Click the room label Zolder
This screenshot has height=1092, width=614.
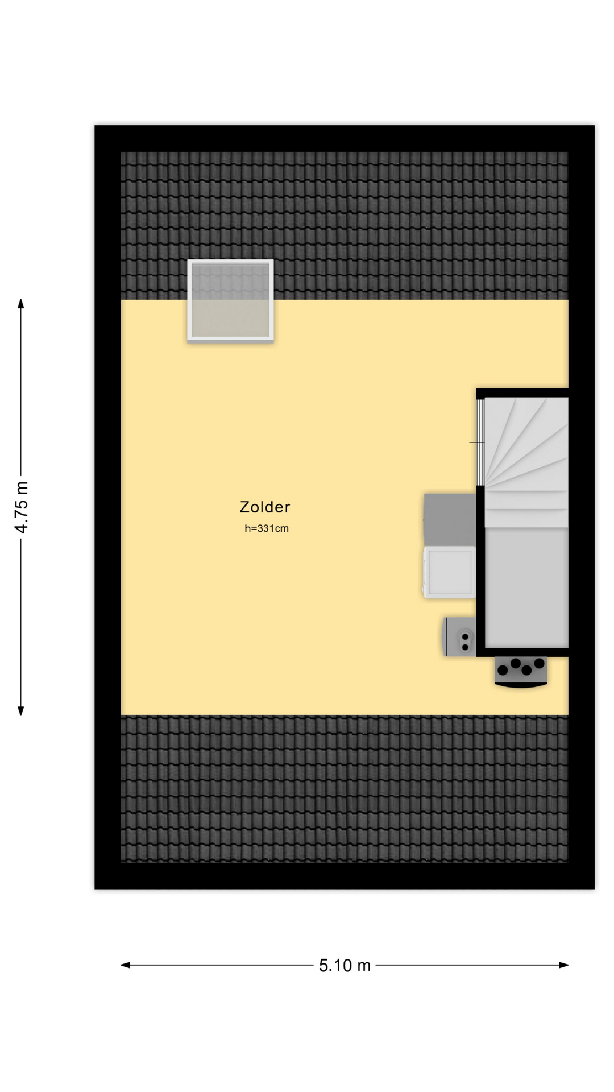(265, 507)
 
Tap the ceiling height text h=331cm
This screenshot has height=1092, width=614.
(267, 528)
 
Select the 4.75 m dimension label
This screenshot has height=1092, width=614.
(22, 507)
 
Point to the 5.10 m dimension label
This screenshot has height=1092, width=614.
(345, 965)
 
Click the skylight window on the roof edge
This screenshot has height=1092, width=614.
(230, 300)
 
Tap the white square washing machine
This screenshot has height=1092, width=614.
(449, 572)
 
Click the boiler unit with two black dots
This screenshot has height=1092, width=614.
(459, 637)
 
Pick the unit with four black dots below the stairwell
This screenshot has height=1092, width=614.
(521, 672)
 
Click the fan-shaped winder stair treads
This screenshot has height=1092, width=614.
(526, 444)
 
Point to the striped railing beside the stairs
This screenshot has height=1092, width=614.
(480, 442)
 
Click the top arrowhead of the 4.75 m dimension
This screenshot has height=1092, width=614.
(21, 303)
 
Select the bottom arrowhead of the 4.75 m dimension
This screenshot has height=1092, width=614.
(21, 711)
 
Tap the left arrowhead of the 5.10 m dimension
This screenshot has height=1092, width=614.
(125, 965)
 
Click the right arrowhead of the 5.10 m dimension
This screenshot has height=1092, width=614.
(564, 965)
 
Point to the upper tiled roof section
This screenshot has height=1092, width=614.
(345, 225)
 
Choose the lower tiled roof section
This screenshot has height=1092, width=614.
(345, 788)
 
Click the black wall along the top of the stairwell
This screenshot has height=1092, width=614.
(522, 393)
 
